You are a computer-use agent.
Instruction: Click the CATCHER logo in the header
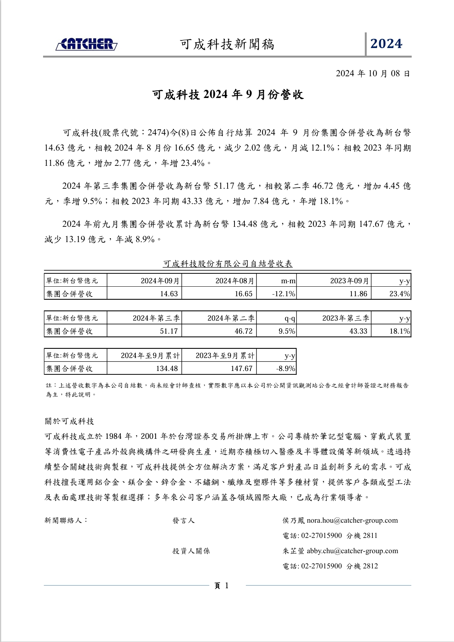point(87,44)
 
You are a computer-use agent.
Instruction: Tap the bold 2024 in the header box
point(386,44)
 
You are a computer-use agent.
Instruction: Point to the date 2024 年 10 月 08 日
point(372,73)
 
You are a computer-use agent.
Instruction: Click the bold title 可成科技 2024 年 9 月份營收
point(228,95)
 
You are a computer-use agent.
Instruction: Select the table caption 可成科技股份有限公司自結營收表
point(228,263)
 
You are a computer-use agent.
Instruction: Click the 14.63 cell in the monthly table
point(168,294)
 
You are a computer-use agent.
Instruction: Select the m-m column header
point(288,281)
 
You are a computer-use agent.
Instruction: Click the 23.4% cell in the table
point(399,294)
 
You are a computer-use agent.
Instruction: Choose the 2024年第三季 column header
point(156,318)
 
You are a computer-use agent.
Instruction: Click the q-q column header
point(290,318)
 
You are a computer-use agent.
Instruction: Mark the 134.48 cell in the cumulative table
point(167,368)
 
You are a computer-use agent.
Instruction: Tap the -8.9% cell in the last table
point(286,368)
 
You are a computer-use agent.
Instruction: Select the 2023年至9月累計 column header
point(225,355)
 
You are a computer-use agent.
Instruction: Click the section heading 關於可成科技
point(69,421)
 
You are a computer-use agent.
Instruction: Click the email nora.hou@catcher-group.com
point(352,520)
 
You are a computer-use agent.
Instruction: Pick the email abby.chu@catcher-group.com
point(352,551)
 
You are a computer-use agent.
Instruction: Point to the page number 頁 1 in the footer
point(221,586)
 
